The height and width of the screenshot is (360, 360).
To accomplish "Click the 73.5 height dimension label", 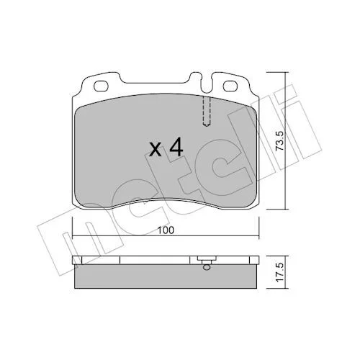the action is (279, 141).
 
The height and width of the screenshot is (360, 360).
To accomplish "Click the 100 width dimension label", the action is (166, 230).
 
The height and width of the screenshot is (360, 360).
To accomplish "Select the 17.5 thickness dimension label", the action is (280, 272).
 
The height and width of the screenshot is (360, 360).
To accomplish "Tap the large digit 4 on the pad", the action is (176, 148).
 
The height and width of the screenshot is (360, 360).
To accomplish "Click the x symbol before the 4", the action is (155, 150).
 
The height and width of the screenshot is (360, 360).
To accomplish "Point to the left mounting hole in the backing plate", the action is (101, 86).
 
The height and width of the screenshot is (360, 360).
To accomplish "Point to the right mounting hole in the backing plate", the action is (230, 86).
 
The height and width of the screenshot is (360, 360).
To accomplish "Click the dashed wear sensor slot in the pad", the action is (207, 111).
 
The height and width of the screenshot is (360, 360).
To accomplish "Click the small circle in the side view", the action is (207, 267).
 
